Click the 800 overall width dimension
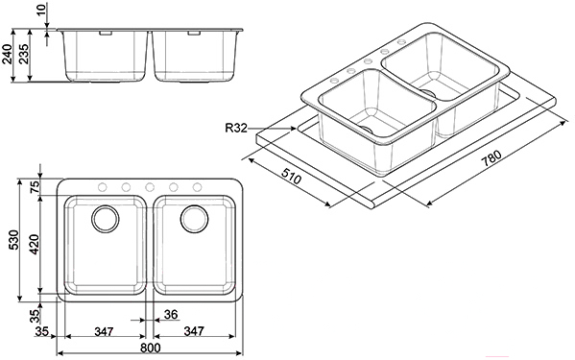pyautogui.click(x=151, y=348)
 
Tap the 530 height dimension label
pyautogui.click(x=13, y=240)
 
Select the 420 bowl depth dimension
pyautogui.click(x=35, y=244)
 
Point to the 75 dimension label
pyautogui.click(x=35, y=187)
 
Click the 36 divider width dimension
pyautogui.click(x=171, y=314)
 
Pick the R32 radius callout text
pyautogui.click(x=236, y=129)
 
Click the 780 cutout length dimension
pyautogui.click(x=491, y=158)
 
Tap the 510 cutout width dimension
pyautogui.click(x=291, y=176)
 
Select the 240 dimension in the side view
pyautogui.click(x=8, y=54)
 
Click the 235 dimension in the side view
pyautogui.click(x=24, y=54)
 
